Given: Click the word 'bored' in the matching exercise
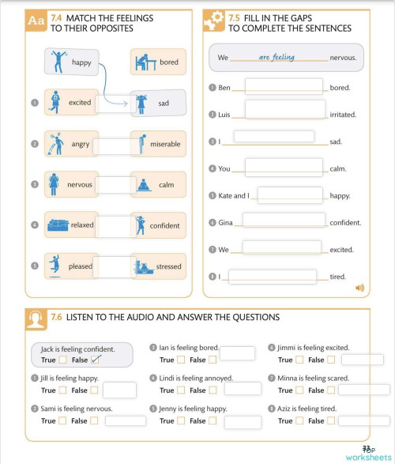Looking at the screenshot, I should (169, 62).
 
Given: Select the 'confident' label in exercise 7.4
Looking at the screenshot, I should (165, 226).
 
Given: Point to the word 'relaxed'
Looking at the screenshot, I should (81, 225).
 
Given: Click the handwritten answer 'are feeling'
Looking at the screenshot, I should (276, 57).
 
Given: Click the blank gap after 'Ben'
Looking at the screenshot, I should (284, 86).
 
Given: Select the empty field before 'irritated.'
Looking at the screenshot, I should (284, 109).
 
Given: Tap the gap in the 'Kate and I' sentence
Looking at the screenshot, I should (290, 194).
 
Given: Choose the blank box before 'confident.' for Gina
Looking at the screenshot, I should (284, 221).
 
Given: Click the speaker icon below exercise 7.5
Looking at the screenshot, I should (360, 288).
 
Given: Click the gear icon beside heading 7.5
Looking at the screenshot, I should (213, 21).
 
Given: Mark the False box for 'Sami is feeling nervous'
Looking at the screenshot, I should (94, 421).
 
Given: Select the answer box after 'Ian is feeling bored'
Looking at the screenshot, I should (237, 353).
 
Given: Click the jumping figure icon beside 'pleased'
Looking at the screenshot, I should (55, 265).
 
